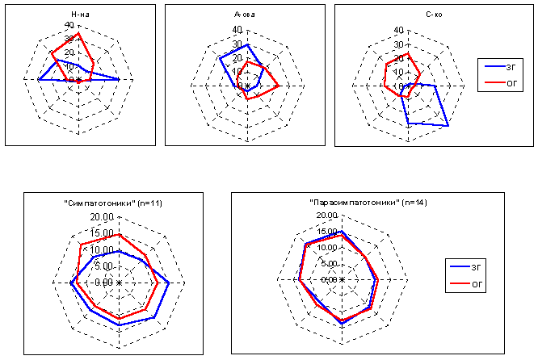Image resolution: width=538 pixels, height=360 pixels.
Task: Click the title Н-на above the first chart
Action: tap(79, 15)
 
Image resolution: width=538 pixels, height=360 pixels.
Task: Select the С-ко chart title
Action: tap(408, 15)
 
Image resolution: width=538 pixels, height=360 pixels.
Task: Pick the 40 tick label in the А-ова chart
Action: tap(237, 29)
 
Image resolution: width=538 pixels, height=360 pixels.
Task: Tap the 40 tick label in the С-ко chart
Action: tap(398, 30)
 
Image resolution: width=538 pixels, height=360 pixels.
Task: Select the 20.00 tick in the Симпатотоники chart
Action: tap(104, 218)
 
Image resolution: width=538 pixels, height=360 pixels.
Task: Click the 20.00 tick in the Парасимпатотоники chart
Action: tap(327, 216)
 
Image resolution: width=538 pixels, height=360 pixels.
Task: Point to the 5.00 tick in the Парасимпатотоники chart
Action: tap(329, 264)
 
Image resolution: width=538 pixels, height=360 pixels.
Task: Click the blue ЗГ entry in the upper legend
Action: tap(500, 68)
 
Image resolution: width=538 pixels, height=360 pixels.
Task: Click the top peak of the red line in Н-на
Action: tap(79, 33)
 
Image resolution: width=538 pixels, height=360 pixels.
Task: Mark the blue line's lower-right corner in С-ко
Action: tap(448, 126)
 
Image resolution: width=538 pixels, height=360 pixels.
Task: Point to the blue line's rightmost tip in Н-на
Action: tap(120, 79)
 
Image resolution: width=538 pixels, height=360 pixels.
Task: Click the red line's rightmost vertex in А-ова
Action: tap(279, 85)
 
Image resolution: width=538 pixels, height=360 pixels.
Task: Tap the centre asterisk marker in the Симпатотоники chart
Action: tap(119, 283)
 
